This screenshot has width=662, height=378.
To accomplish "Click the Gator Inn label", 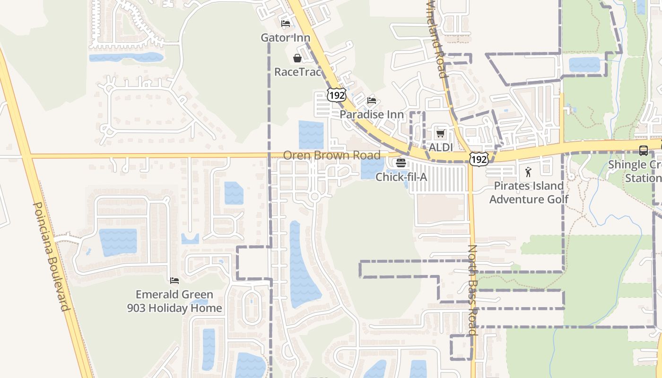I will point(286,38).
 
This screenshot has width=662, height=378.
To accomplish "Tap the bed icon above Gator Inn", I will point(285,24).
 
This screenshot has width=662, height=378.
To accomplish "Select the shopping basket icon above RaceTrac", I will point(297,58).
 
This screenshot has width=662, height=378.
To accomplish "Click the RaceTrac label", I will point(298,72).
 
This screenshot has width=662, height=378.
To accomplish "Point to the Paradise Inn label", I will point(372,115).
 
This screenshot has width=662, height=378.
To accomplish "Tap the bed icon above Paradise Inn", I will point(372,101).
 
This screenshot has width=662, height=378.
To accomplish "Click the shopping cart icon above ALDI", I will point(441,134).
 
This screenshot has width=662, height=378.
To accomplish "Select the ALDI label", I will point(441,147).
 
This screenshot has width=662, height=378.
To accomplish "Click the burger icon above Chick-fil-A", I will point(401,163).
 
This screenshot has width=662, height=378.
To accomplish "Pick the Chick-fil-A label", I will point(401,177).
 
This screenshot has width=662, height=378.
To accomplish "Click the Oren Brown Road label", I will point(331,155).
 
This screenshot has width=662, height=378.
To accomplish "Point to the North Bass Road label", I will point(473,289).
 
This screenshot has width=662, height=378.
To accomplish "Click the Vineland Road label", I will point(436,39).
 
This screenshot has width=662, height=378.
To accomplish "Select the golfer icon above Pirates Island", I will point(529,172).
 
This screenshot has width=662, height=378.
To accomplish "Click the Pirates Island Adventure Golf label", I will point(529,192).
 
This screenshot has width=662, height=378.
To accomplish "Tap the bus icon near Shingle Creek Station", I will point(644,151).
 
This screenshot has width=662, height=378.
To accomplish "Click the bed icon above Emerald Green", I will point(174,281).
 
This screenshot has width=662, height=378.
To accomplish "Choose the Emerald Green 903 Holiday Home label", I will point(174,301).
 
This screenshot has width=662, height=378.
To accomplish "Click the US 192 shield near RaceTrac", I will point(336,95).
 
